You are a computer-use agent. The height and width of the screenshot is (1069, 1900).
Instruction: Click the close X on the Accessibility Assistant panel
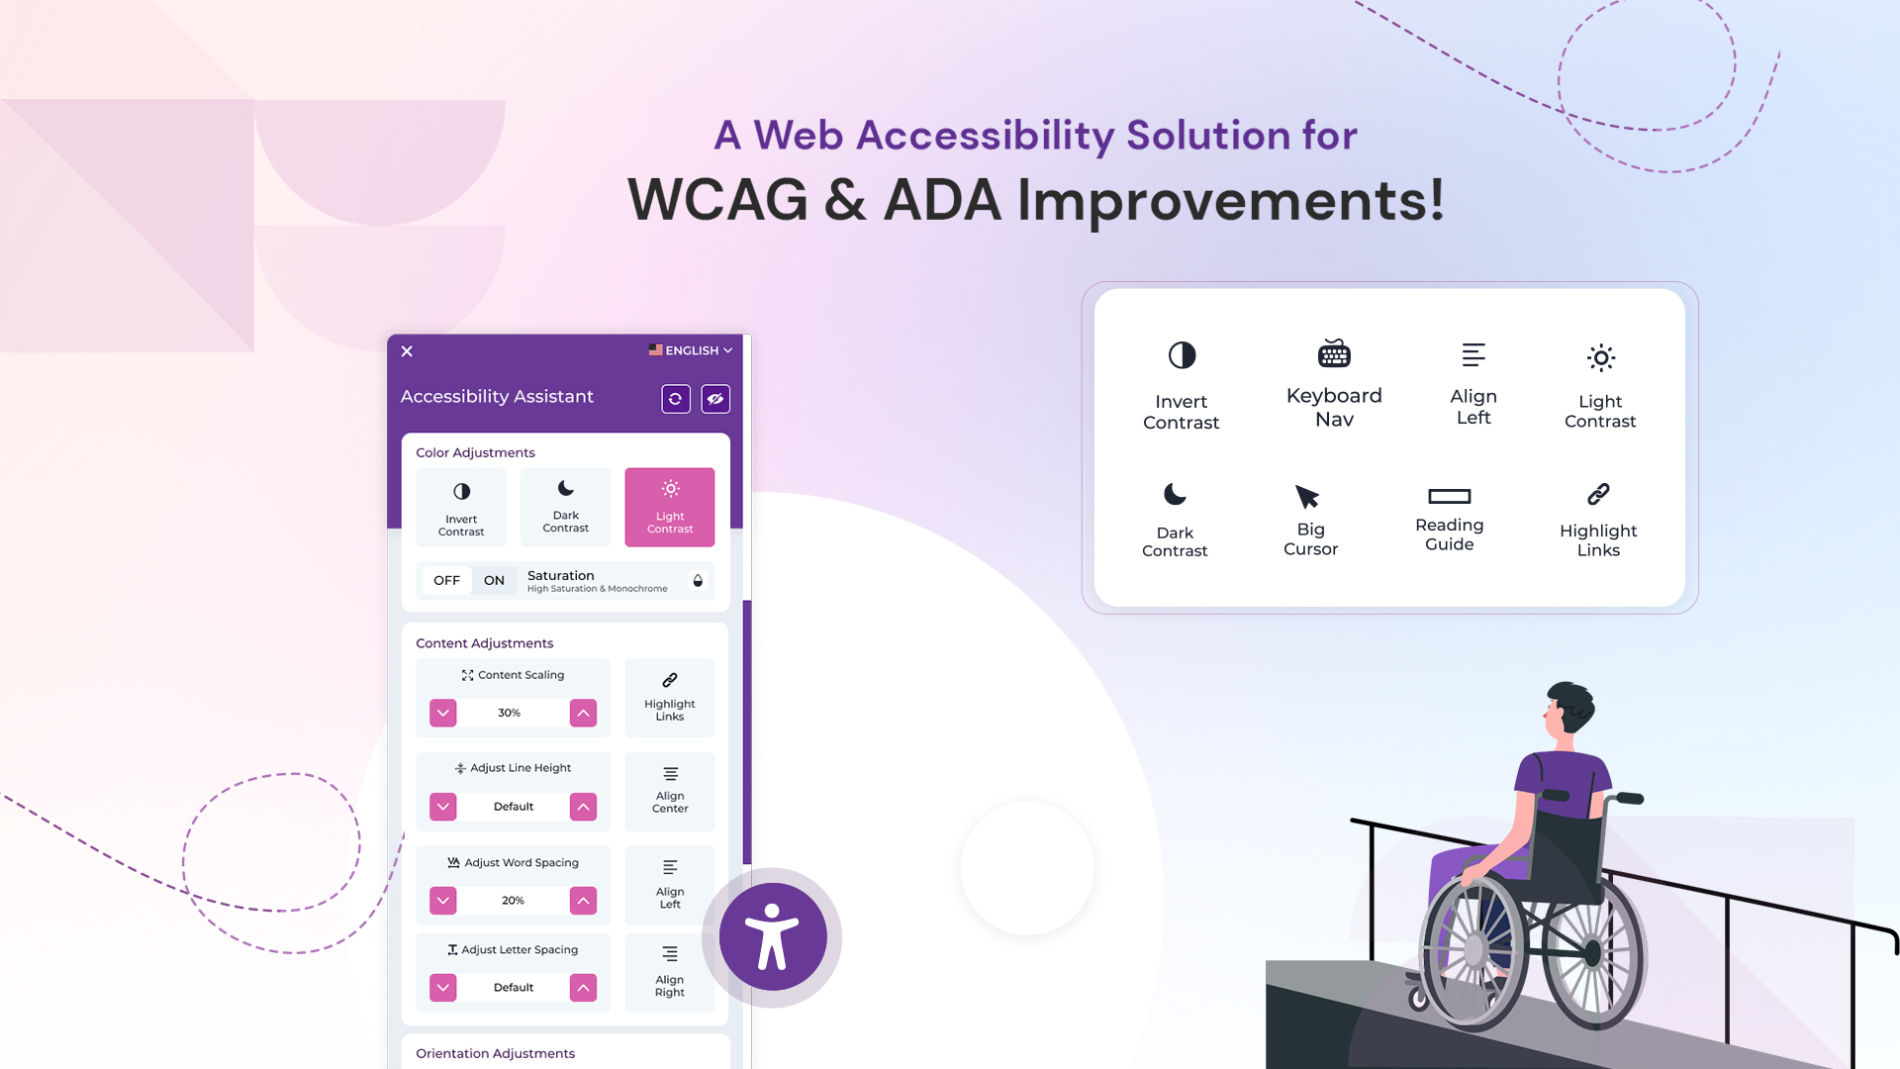[x=407, y=351]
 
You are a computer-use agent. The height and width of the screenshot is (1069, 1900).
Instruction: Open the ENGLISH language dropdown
[x=691, y=350]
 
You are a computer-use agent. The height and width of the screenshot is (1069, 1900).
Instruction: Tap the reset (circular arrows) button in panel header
[x=676, y=399]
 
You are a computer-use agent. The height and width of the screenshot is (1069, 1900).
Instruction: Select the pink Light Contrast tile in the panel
[x=670, y=507]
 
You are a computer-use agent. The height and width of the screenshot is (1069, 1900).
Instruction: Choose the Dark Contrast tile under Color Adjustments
[x=565, y=507]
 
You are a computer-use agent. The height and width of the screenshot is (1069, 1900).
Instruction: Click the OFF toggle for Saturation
[x=446, y=580]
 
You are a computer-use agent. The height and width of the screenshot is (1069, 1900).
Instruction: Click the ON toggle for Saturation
[x=494, y=580]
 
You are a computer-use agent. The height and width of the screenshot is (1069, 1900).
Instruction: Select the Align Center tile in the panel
[x=670, y=790]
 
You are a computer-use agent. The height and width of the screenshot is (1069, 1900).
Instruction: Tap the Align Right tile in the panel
[x=670, y=972]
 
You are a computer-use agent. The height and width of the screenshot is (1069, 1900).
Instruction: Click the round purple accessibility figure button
[x=772, y=936]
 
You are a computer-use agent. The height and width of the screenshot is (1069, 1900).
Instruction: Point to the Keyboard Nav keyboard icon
[x=1334, y=353]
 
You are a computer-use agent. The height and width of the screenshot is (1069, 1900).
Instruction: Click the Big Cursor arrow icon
[x=1307, y=496]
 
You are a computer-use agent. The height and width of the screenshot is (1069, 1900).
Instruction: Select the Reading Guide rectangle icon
[x=1449, y=496]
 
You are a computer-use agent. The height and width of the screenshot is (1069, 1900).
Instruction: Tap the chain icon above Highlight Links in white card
[x=1598, y=494]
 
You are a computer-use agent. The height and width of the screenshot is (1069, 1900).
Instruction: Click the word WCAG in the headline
[x=718, y=200]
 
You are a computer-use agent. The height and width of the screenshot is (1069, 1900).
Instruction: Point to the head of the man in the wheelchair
[x=1569, y=707]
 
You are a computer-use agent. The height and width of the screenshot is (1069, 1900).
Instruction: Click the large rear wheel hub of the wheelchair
[x=1474, y=950]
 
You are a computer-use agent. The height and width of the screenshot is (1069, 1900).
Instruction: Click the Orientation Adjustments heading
[x=495, y=1053]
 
